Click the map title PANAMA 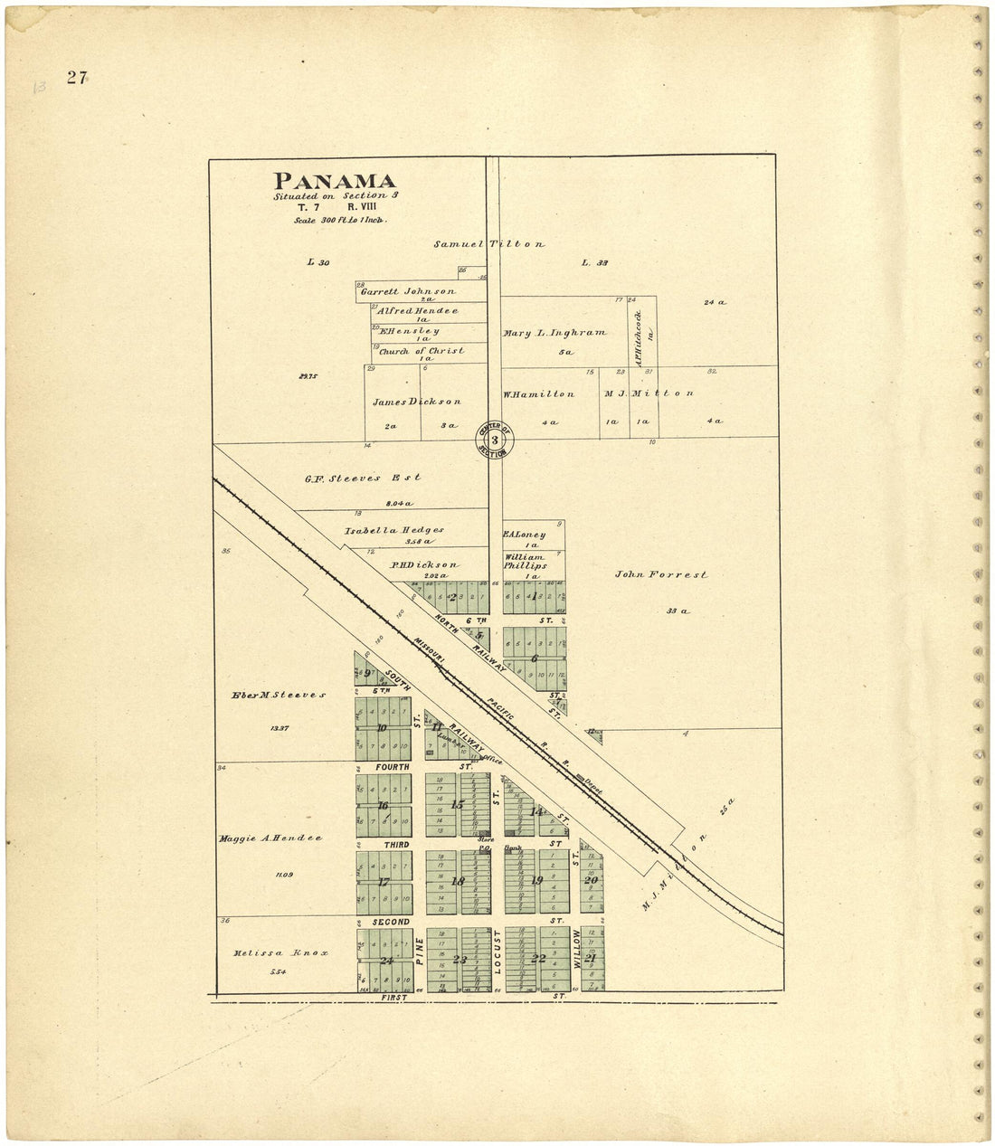[335, 181]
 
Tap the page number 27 [76, 78]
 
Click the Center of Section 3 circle [494, 440]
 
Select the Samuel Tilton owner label [488, 244]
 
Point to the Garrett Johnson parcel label [408, 292]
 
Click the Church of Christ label [422, 351]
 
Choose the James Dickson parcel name [417, 402]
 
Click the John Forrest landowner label [661, 574]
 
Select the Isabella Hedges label [393, 530]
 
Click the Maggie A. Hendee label [270, 838]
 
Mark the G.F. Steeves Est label [363, 478]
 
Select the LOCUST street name [497, 952]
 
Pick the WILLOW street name [575, 950]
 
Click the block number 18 [458, 882]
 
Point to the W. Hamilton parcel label [538, 394]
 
